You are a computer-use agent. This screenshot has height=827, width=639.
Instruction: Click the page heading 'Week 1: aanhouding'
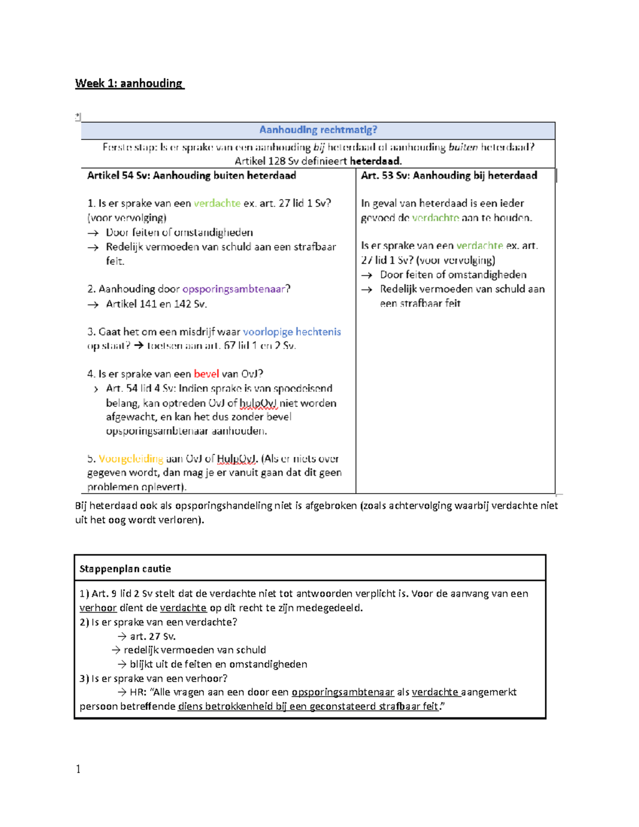pyautogui.click(x=129, y=83)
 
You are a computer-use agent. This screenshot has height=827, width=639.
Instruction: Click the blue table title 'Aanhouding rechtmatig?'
pyautogui.click(x=318, y=130)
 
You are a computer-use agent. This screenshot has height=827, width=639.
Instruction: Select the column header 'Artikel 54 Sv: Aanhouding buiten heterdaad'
pyautogui.click(x=191, y=176)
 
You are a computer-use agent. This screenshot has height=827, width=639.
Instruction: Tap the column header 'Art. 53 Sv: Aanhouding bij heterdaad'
pyautogui.click(x=449, y=176)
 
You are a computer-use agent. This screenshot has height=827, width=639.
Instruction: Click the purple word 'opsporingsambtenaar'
pyautogui.click(x=233, y=289)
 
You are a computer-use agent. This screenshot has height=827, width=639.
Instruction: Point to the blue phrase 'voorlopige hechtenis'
pyautogui.click(x=292, y=332)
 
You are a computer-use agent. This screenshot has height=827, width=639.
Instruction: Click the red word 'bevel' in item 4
pyautogui.click(x=206, y=374)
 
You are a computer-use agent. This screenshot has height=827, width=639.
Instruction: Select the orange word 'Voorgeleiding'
pyautogui.click(x=131, y=458)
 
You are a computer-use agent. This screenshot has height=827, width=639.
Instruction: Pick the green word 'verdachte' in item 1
pyautogui.click(x=217, y=203)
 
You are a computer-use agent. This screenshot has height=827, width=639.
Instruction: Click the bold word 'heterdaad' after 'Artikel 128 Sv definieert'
pyautogui.click(x=375, y=161)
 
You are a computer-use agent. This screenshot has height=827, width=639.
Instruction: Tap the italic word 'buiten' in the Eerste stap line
pyautogui.click(x=463, y=148)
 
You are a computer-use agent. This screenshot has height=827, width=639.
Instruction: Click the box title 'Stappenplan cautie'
pyautogui.click(x=125, y=569)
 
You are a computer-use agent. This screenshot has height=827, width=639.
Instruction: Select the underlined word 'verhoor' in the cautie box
pyautogui.click(x=98, y=608)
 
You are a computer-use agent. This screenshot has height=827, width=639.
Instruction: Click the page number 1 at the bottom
pyautogui.click(x=78, y=769)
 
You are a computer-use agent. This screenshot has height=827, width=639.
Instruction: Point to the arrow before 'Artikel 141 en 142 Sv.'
pyautogui.click(x=93, y=305)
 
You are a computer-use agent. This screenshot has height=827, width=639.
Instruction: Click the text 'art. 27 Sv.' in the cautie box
pyautogui.click(x=153, y=636)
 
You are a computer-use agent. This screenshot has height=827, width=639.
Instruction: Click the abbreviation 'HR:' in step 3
pyautogui.click(x=138, y=692)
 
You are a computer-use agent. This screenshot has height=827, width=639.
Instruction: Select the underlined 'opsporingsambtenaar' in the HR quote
pyautogui.click(x=342, y=692)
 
